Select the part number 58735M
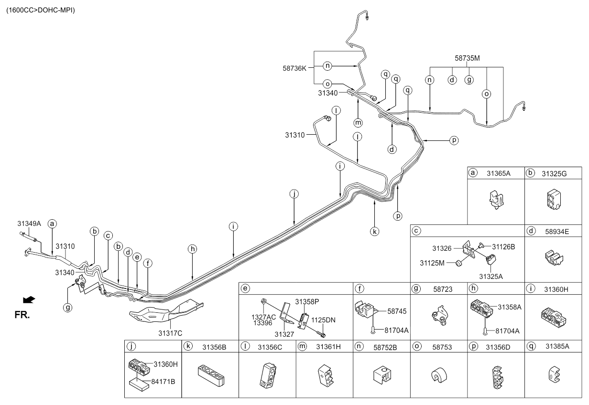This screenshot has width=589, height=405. [x=467, y=58]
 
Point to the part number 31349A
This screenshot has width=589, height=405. [x=29, y=223]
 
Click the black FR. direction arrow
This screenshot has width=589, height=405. [x=29, y=299]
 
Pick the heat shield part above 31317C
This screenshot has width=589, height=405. [x=165, y=313]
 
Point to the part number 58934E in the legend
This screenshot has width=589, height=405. [x=554, y=231]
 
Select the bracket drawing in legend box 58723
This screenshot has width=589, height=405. [x=439, y=315]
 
